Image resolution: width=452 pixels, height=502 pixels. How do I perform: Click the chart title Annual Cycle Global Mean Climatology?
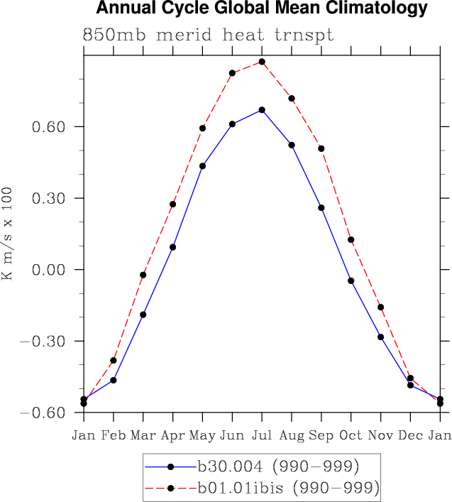[x=262, y=9]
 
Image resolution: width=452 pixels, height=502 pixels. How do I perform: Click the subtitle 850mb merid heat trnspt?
[x=208, y=35]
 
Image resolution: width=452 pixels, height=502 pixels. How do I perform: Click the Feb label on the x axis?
[x=114, y=435]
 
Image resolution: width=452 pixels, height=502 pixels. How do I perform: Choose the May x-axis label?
[x=202, y=435]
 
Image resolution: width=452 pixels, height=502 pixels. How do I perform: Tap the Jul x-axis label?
[x=262, y=435]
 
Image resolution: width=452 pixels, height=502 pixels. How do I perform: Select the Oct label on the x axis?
[x=351, y=435]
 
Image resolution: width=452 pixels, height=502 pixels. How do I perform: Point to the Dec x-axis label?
[x=410, y=435]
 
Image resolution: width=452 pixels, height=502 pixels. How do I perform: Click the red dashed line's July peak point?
[x=262, y=62]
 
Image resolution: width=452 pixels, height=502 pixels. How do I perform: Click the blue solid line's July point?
[x=262, y=110]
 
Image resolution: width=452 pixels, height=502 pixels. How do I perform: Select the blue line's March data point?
[x=143, y=315]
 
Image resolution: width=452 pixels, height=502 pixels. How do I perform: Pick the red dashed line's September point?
[x=321, y=148]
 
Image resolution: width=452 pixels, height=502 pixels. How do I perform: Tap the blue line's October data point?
[x=351, y=281]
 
